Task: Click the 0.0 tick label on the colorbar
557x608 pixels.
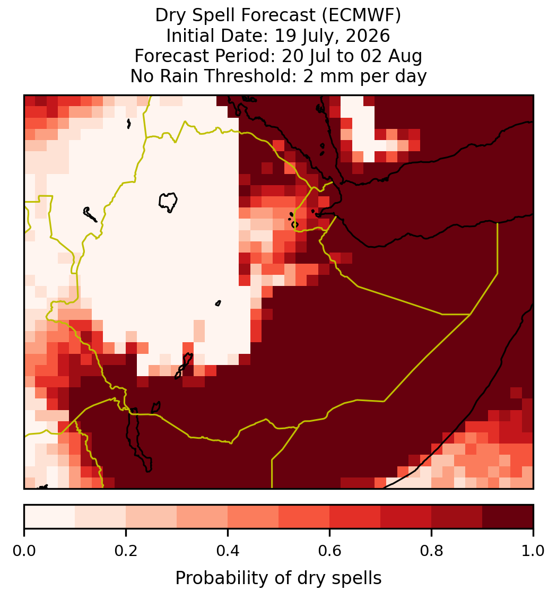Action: (x=24, y=551)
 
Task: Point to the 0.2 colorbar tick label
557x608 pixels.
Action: (x=126, y=551)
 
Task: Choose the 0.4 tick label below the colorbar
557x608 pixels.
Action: (x=228, y=551)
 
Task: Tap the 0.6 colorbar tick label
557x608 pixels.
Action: (x=330, y=551)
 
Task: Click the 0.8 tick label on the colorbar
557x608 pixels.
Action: (x=432, y=551)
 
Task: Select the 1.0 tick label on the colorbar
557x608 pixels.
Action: (x=533, y=551)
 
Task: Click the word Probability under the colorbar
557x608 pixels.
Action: (x=223, y=579)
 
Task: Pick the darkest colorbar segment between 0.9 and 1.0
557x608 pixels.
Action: (x=508, y=517)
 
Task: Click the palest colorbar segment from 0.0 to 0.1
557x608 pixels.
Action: (x=50, y=517)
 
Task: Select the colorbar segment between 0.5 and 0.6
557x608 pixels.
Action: (x=304, y=517)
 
